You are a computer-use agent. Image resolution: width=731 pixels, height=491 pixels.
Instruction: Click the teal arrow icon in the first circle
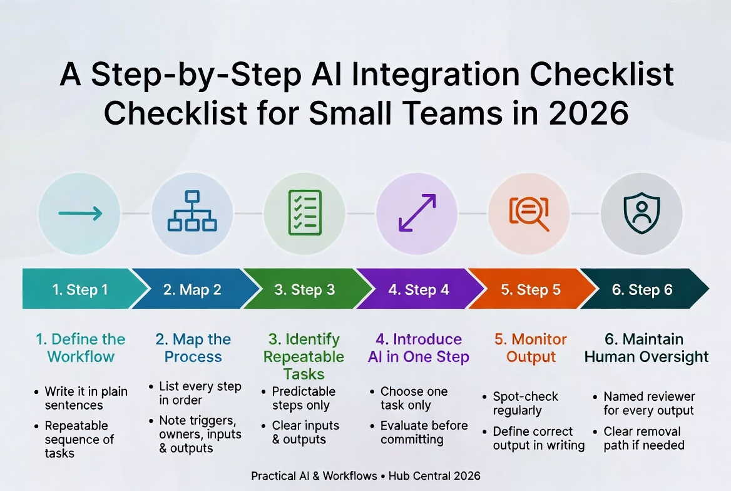click(79, 214)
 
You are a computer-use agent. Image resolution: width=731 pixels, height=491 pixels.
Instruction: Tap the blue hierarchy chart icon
click(192, 211)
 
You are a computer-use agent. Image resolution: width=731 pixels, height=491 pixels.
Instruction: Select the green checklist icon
click(304, 213)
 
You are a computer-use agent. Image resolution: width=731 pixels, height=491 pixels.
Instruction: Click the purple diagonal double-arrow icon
click(417, 214)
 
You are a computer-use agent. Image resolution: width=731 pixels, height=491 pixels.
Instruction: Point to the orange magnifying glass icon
click(529, 214)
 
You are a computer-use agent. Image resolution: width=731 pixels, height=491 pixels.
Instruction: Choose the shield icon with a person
click(642, 213)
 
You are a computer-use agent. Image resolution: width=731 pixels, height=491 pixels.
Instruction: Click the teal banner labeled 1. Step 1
click(79, 289)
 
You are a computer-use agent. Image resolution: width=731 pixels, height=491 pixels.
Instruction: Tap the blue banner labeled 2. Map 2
click(192, 289)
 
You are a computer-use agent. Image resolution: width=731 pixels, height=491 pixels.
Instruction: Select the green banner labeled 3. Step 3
click(304, 289)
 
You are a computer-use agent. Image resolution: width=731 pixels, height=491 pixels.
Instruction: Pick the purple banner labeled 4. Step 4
click(417, 289)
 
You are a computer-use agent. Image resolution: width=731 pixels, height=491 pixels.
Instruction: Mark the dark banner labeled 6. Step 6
click(642, 289)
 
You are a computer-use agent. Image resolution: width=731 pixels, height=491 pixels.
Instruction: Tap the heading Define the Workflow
click(80, 348)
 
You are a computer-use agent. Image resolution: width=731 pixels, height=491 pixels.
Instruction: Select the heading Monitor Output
click(531, 348)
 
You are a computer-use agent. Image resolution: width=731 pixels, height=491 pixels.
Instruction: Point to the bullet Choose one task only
click(414, 398)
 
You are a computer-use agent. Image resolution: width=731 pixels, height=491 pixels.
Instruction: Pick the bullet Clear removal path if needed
click(643, 438)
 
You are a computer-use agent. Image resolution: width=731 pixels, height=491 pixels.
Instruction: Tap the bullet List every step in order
click(200, 393)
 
